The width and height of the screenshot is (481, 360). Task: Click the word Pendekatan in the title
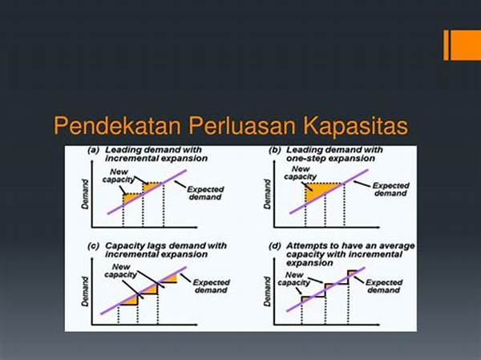pyautogui.click(x=118, y=125)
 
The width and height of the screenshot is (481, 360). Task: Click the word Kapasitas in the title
pyautogui.click(x=356, y=126)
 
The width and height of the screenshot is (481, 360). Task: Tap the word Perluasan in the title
pyautogui.click(x=242, y=126)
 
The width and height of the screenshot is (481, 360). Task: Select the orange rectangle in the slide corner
pyautogui.click(x=463, y=45)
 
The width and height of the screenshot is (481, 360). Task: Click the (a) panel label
pyautogui.click(x=94, y=151)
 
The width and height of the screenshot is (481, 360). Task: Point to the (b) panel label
pyautogui.click(x=275, y=151)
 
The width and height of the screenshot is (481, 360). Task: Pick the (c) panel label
pyautogui.click(x=93, y=246)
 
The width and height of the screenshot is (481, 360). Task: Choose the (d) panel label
pyautogui.click(x=275, y=246)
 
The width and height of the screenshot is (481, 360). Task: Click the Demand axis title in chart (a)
pyautogui.click(x=85, y=194)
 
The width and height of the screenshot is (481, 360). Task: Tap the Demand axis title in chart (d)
pyautogui.click(x=267, y=291)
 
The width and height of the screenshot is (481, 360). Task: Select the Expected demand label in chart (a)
pyautogui.click(x=205, y=193)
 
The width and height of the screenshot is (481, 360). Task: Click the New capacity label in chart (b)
pyautogui.click(x=300, y=172)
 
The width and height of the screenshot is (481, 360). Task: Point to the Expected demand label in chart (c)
pyautogui.click(x=211, y=286)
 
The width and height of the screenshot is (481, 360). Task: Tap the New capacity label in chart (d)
pyautogui.click(x=294, y=279)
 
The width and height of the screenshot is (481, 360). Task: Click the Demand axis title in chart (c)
pyautogui.click(x=85, y=291)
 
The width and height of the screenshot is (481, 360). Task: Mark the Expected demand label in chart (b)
pyautogui.click(x=391, y=189)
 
